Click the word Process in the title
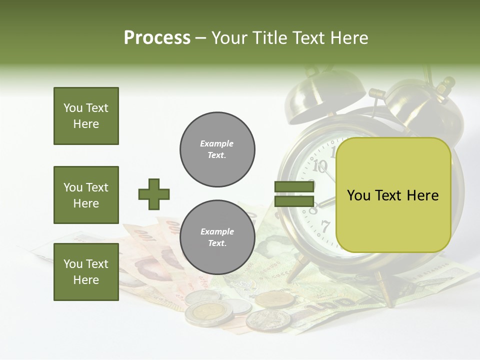pyautogui.click(x=157, y=38)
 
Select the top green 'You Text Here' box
pyautogui.click(x=86, y=116)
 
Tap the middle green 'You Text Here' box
pyautogui.click(x=86, y=195)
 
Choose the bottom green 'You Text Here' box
pyautogui.click(x=86, y=272)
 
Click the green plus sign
pyautogui.click(x=154, y=194)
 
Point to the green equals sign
pyautogui.click(x=294, y=194)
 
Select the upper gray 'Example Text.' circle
pyautogui.click(x=217, y=149)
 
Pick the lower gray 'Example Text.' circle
pyautogui.click(x=217, y=237)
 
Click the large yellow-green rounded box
pyautogui.click(x=393, y=195)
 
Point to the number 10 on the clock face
pyautogui.click(x=320, y=165)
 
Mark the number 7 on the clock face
pyautogui.click(x=325, y=226)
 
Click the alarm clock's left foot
pyautogui.click(x=295, y=270)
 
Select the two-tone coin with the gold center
pyautogui.click(x=209, y=313)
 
